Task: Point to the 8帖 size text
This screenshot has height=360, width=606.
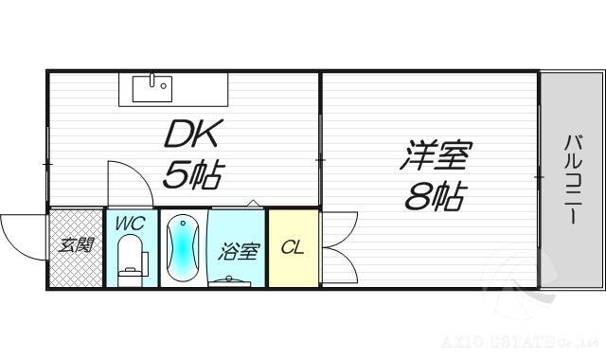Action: (436, 196)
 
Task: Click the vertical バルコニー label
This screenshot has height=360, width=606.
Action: (572, 179)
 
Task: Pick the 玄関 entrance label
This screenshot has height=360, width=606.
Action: (75, 245)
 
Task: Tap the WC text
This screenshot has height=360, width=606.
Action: (130, 225)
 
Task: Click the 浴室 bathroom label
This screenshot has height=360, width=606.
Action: (239, 252)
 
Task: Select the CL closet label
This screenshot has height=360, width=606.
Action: (294, 248)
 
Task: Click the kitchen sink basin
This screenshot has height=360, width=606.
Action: (151, 88)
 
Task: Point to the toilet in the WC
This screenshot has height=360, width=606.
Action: (132, 261)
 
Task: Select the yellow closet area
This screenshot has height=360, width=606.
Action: (294, 265)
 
